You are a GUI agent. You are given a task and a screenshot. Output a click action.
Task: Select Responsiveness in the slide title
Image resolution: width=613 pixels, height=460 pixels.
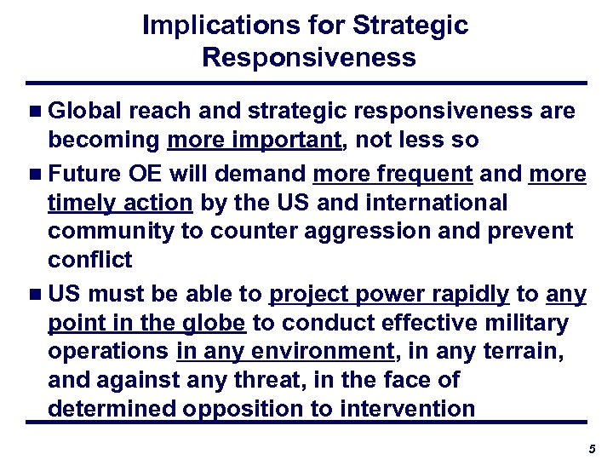(x=309, y=57)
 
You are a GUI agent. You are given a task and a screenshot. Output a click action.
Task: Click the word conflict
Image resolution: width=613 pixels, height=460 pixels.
(x=90, y=259)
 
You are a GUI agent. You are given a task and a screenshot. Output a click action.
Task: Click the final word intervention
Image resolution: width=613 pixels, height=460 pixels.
(x=406, y=408)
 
